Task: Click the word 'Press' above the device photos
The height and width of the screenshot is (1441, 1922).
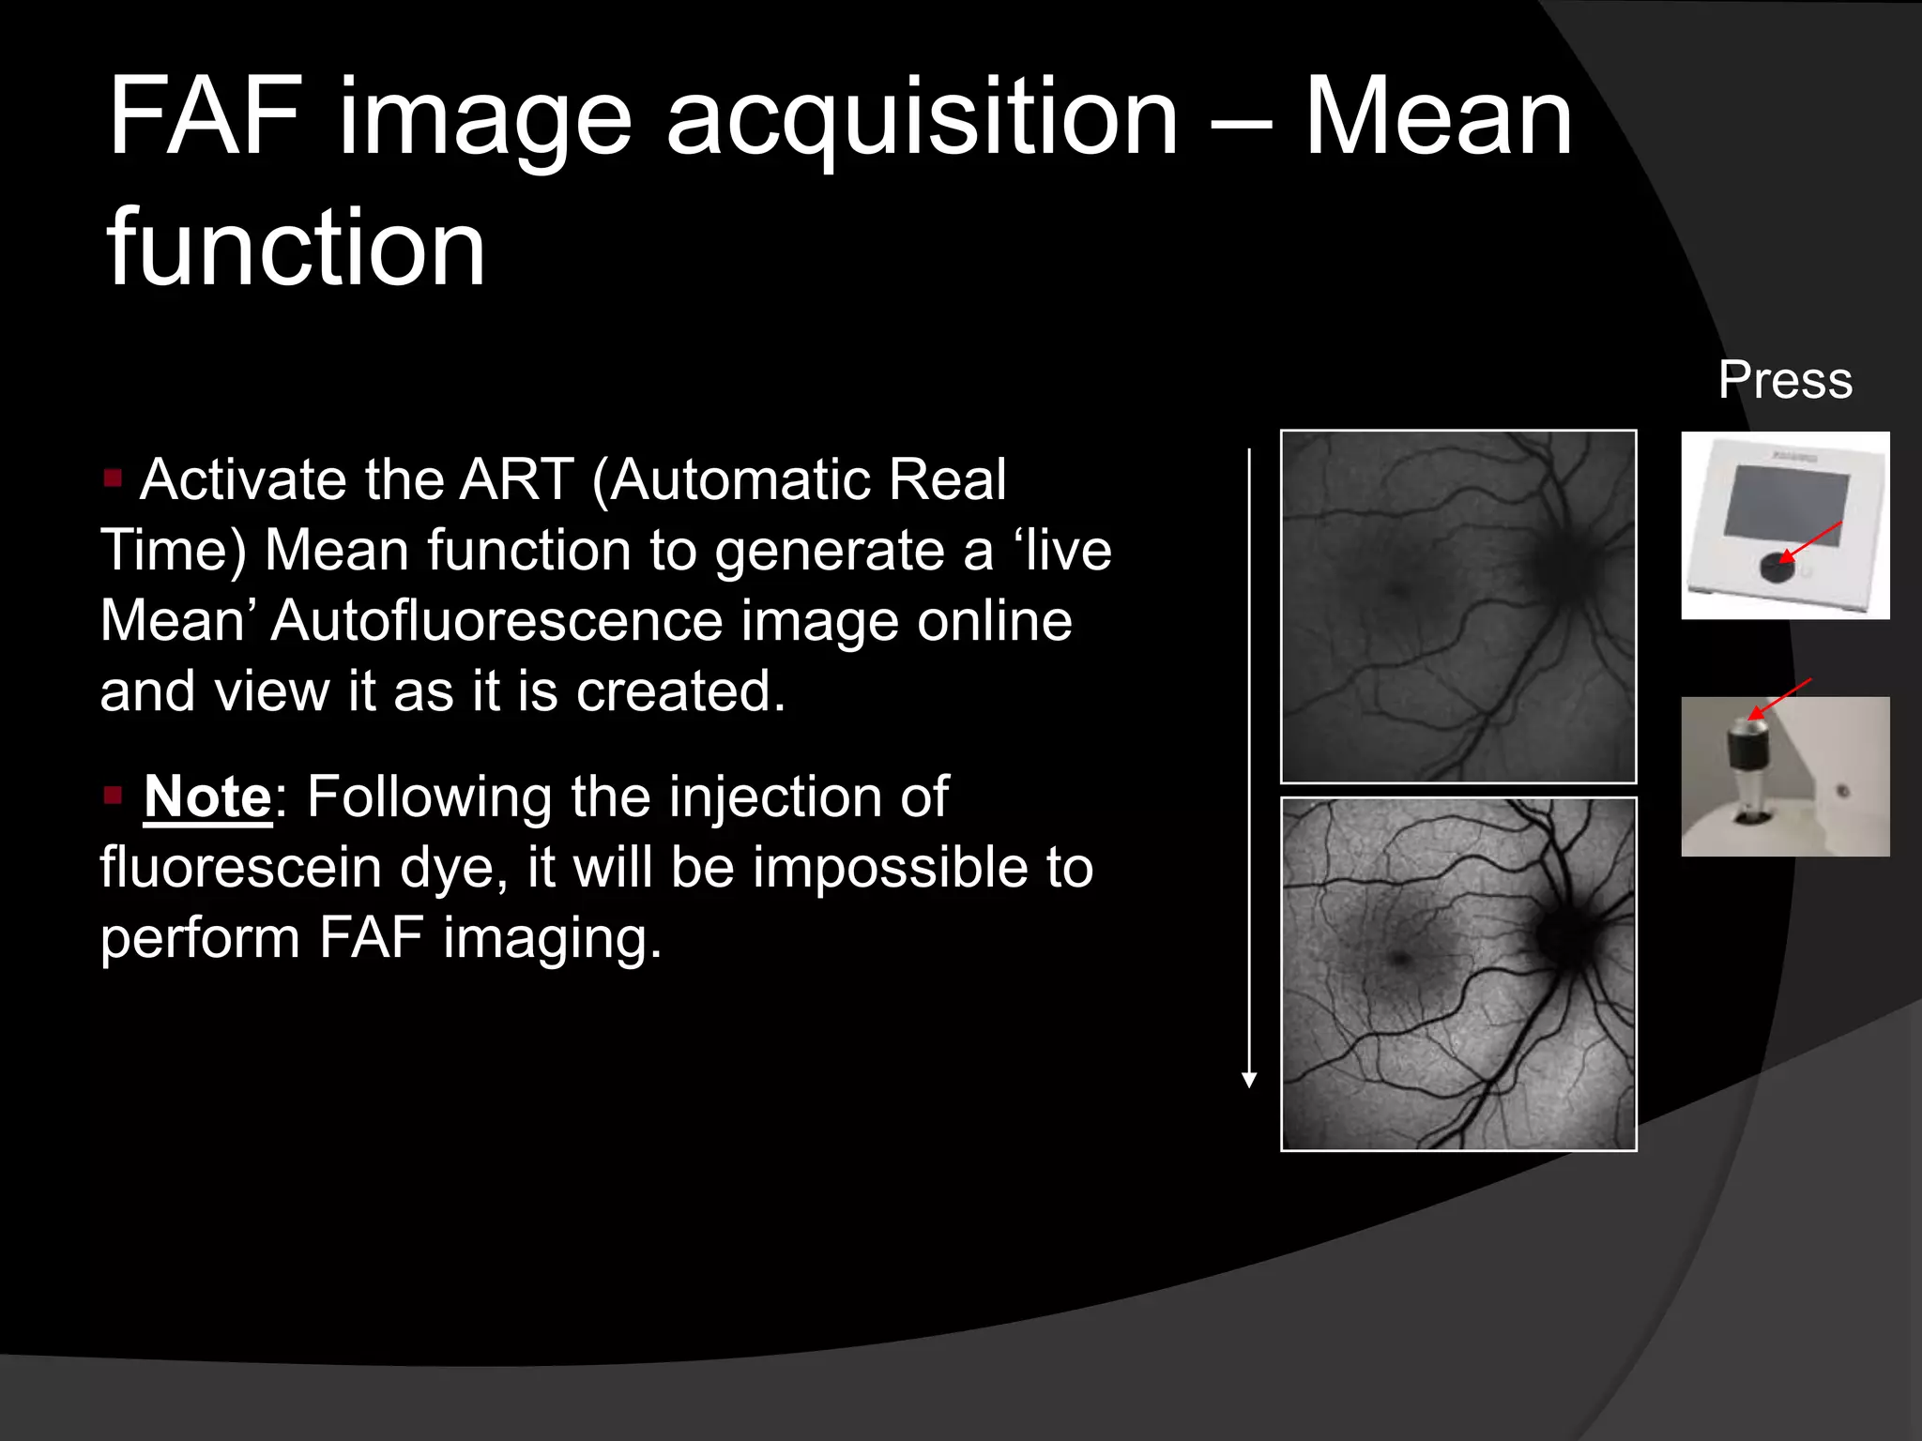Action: tap(1785, 380)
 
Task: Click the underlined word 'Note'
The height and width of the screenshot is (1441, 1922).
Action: tap(207, 796)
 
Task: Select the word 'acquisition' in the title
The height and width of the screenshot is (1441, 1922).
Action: tap(922, 118)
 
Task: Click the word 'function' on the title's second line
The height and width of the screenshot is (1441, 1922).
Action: tap(297, 248)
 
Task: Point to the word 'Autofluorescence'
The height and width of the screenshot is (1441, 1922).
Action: tap(496, 621)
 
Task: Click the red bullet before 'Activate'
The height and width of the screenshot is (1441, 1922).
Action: tap(114, 478)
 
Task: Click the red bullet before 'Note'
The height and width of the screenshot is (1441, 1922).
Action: tap(114, 796)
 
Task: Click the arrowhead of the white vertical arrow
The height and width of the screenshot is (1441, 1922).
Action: tap(1249, 1080)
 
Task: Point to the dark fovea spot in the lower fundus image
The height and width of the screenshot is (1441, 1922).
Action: tap(1400, 959)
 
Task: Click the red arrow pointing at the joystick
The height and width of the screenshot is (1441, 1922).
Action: tap(1779, 698)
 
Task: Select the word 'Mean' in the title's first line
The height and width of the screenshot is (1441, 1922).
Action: tap(1439, 118)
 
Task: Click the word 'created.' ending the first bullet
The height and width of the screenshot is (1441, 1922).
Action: tap(680, 691)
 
